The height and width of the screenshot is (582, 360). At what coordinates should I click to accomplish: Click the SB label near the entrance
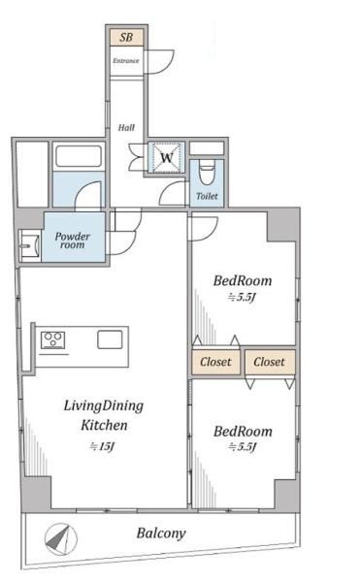[126, 37]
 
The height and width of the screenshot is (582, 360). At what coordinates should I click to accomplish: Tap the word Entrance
[126, 60]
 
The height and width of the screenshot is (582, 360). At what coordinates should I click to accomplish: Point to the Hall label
[126, 128]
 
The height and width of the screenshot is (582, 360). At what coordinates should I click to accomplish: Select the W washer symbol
[167, 158]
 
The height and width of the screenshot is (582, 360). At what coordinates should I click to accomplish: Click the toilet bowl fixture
[207, 172]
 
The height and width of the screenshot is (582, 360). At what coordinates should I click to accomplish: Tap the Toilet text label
[207, 196]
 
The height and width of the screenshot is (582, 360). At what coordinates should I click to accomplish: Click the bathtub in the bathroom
[79, 156]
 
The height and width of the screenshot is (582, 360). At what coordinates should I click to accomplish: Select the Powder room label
[73, 241]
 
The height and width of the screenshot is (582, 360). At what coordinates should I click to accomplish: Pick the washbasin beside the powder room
[29, 245]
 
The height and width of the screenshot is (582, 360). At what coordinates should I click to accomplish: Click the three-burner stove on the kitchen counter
[52, 340]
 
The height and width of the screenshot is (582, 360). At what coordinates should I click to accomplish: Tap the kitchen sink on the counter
[110, 339]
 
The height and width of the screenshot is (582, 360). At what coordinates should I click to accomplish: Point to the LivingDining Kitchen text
[104, 415]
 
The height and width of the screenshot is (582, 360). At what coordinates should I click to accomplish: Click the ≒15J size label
[102, 446]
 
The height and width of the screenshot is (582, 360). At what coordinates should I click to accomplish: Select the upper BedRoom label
[243, 280]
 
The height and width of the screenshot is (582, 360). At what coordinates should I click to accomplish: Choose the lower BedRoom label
[243, 432]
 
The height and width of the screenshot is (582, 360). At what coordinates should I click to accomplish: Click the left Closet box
[216, 362]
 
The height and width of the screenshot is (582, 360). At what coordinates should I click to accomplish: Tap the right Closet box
[270, 362]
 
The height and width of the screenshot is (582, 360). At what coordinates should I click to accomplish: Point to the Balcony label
[161, 533]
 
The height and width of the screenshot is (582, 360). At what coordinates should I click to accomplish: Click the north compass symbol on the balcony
[61, 539]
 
